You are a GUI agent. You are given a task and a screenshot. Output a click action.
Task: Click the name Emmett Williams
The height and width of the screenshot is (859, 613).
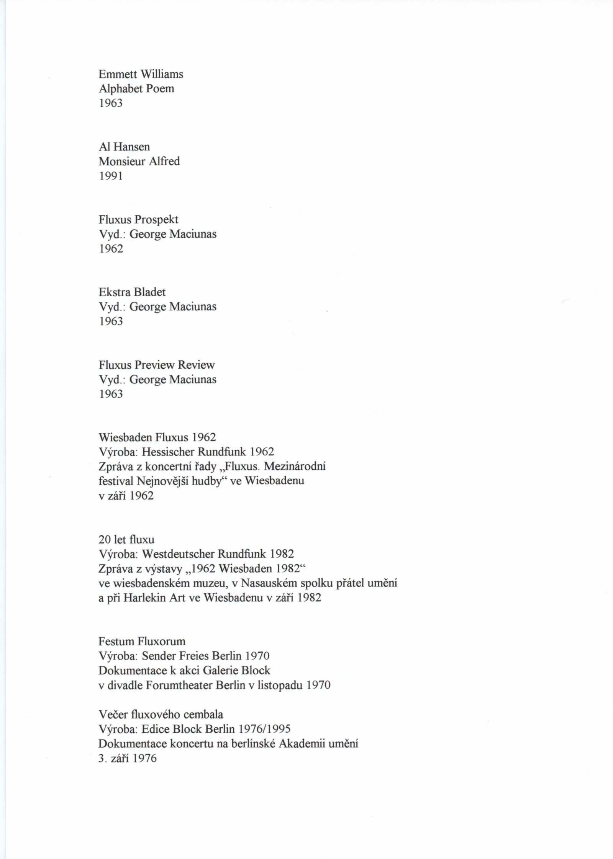pos(141,74)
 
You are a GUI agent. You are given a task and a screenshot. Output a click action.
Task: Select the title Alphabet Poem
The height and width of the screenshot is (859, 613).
pos(136,89)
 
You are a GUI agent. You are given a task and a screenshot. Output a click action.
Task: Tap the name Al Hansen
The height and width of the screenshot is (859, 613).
pos(124,147)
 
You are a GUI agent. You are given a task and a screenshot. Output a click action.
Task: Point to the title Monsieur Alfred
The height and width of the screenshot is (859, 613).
pos(139,161)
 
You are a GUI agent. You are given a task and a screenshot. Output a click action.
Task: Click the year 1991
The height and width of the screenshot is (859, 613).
pos(111,176)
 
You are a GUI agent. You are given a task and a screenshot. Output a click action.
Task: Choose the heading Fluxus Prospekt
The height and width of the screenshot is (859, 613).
pos(138,220)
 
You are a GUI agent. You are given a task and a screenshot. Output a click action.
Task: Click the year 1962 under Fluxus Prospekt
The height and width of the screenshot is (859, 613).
pos(111,249)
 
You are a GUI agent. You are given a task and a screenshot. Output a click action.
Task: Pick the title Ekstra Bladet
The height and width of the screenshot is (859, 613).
pos(132,292)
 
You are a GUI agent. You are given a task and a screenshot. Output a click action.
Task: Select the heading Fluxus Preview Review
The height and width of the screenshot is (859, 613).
pos(157,365)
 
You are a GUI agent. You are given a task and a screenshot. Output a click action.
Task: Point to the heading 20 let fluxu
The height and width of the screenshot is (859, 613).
pos(126,540)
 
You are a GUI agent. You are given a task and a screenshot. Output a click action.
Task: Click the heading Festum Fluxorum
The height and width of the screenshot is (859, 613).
pos(142,642)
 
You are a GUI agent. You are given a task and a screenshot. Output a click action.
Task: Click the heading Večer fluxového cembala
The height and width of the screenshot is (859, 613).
pos(161,715)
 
